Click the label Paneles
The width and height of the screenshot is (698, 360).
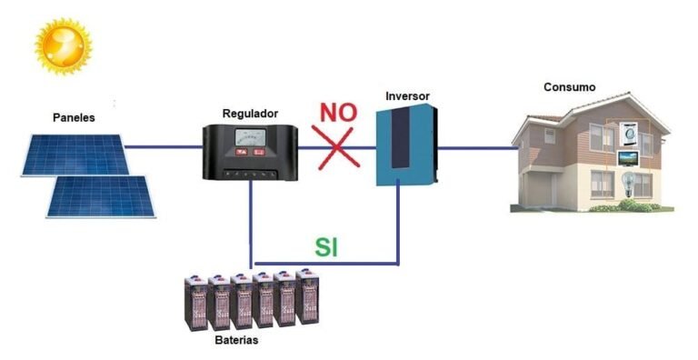pos(74,118)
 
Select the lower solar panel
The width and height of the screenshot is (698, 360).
pos(101,195)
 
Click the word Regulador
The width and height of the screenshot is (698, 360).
pos(250,114)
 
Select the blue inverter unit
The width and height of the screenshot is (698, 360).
pos(405,145)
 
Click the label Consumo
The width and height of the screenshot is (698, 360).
pos(569,87)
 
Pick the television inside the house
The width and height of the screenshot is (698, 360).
pos(629,159)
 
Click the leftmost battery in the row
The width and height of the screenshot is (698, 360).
pos(195,305)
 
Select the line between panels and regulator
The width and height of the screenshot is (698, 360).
pos(165,145)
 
